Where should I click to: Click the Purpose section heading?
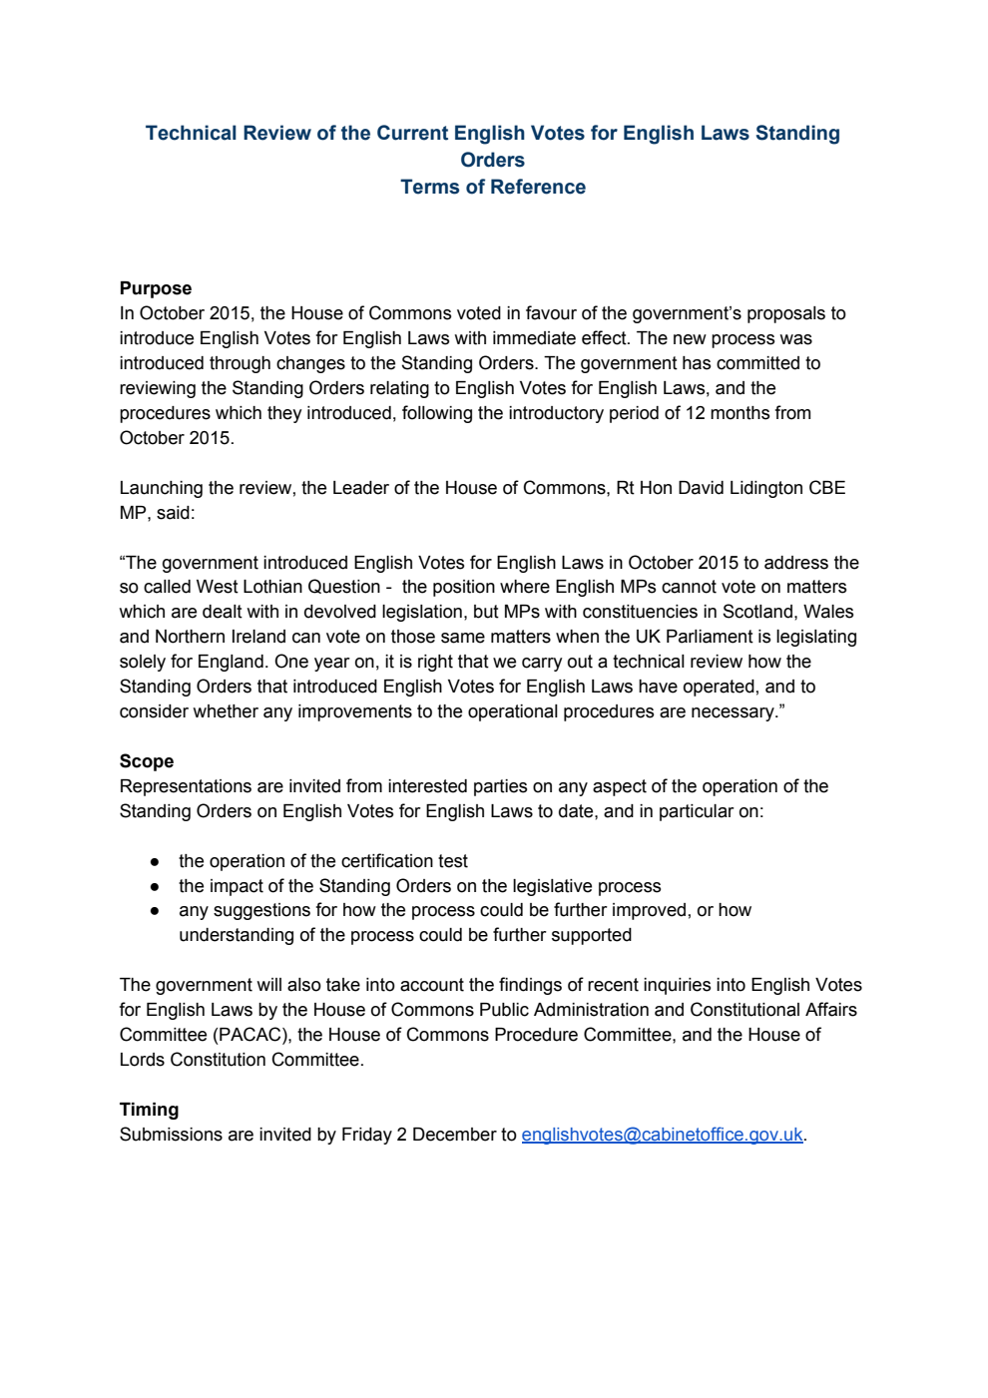pyautogui.click(x=155, y=288)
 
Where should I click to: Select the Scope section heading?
pyautogui.click(x=147, y=761)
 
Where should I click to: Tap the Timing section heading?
pyautogui.click(x=149, y=1110)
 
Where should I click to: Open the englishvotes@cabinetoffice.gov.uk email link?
pyautogui.click(x=662, y=1135)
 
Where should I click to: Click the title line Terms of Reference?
pyautogui.click(x=493, y=187)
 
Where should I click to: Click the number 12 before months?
pyautogui.click(x=696, y=413)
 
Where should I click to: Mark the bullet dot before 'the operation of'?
pyautogui.click(x=155, y=861)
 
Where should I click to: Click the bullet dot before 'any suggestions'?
pyautogui.click(x=155, y=911)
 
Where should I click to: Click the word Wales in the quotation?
pyautogui.click(x=828, y=612)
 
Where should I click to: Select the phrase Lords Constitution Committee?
pyautogui.click(x=240, y=1060)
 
